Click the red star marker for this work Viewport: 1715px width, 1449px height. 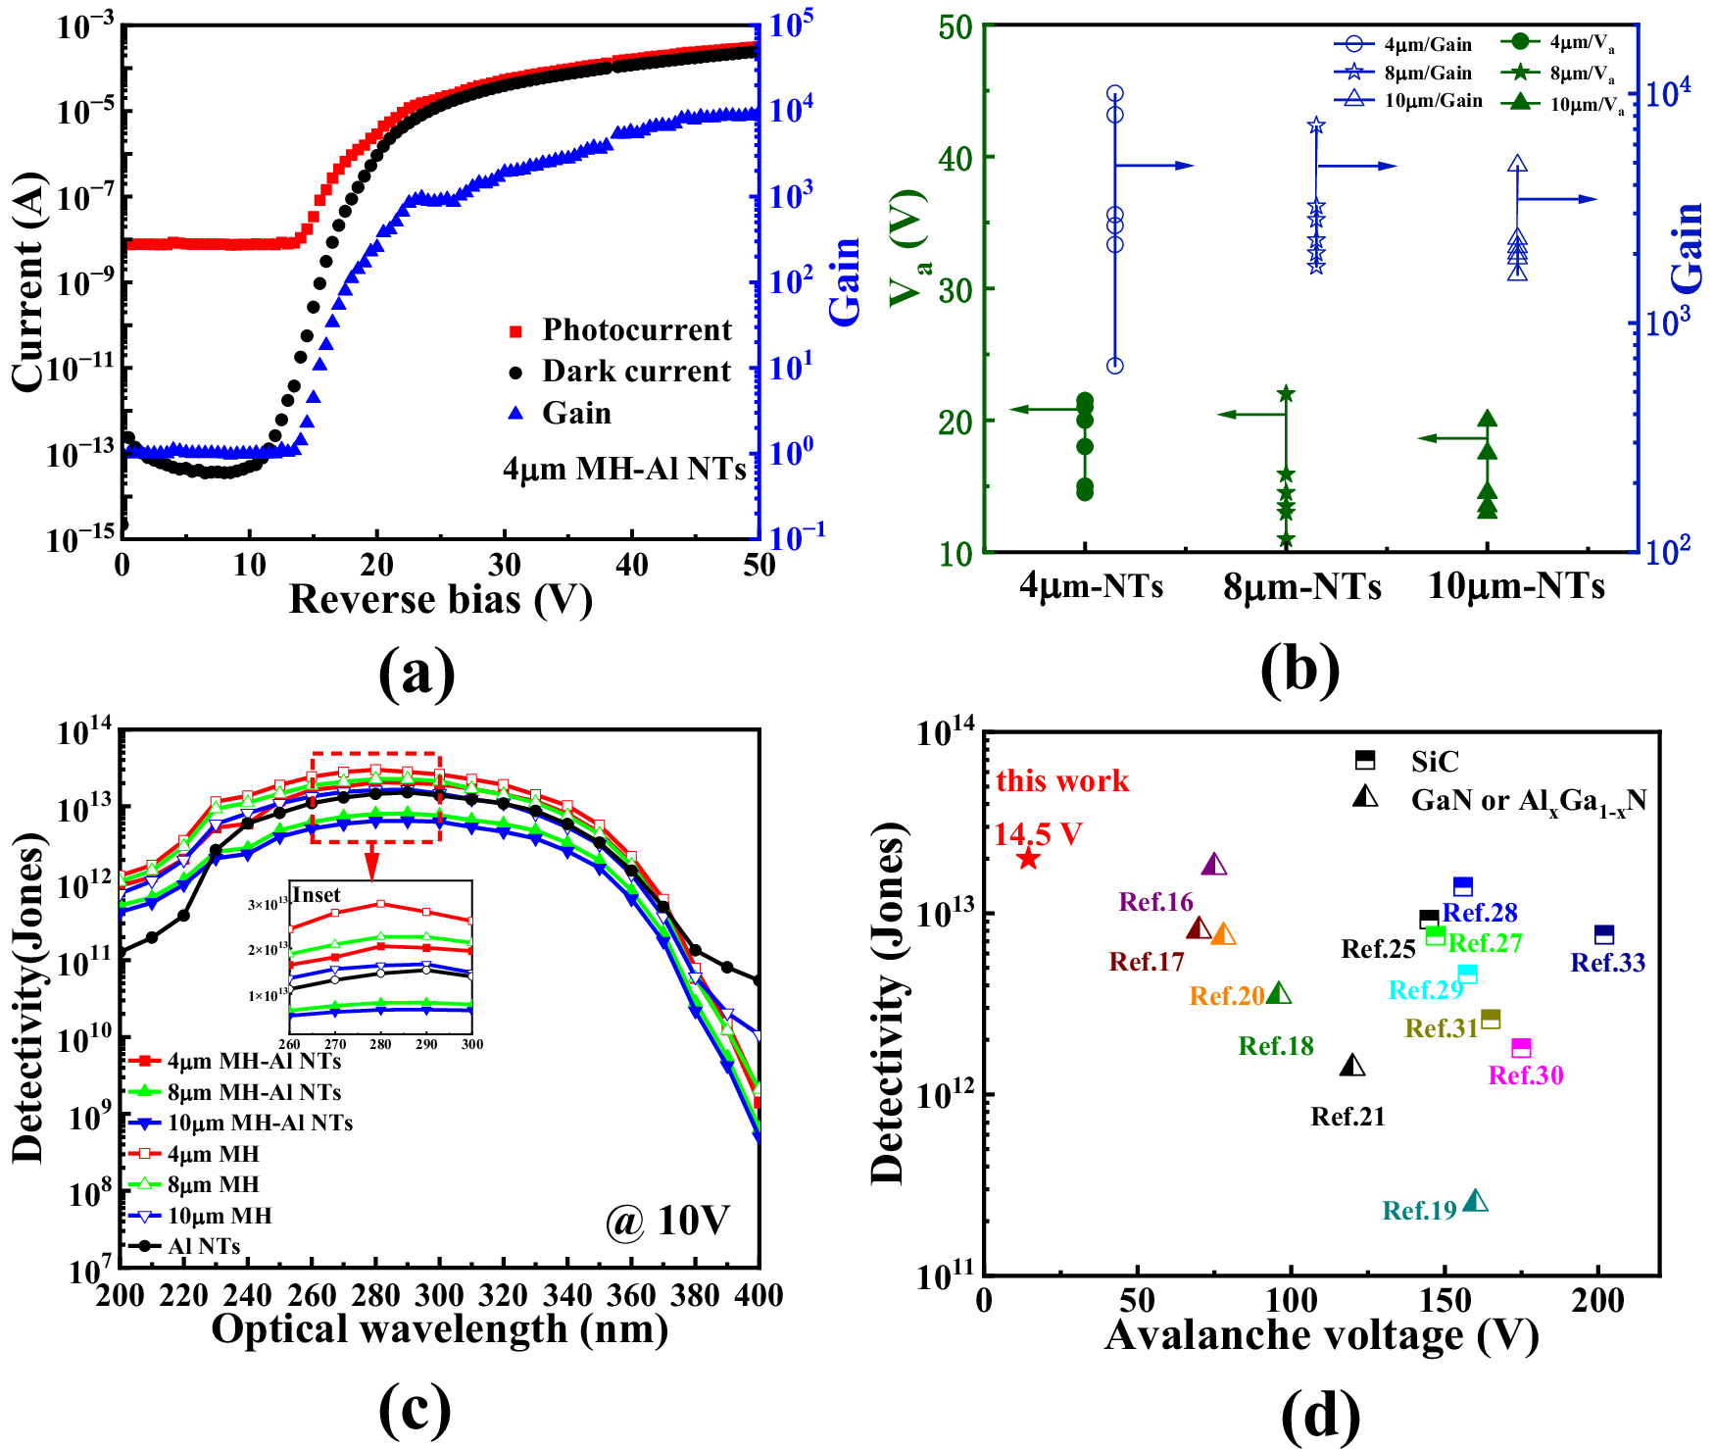coord(1027,859)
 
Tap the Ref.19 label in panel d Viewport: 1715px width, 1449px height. coord(1419,1211)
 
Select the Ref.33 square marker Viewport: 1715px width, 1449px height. coord(1603,934)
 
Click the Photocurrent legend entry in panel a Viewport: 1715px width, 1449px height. coord(635,330)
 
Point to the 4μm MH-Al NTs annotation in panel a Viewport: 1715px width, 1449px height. coord(624,469)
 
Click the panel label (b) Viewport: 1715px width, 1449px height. coord(1300,672)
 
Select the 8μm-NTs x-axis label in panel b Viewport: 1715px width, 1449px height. coord(1301,586)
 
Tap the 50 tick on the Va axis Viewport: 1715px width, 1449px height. coord(955,26)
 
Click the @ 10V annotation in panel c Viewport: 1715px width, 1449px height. coord(666,1221)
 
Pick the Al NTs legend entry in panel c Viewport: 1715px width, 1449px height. coord(203,1246)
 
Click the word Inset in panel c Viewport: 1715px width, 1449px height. coord(316,895)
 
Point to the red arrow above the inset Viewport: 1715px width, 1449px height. coord(371,862)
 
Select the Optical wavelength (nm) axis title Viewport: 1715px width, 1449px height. coord(439,1329)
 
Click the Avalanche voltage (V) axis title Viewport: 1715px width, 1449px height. coord(1321,1335)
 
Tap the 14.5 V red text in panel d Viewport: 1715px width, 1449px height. coord(1038,834)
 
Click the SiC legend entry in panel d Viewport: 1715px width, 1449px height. coord(1434,761)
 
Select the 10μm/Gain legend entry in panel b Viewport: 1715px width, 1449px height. coord(1432,101)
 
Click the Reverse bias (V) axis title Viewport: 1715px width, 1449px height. coord(440,599)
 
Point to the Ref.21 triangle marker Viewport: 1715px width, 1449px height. coord(1352,1065)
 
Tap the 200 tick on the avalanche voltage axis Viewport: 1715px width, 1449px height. coord(1597,1301)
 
